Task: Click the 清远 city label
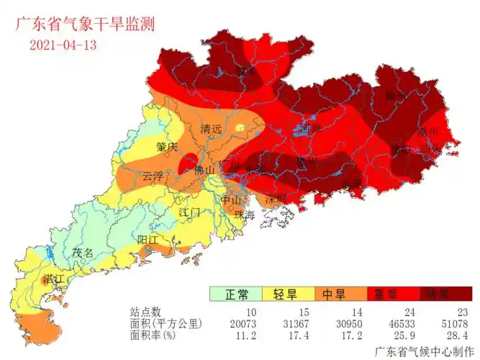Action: coord(211,130)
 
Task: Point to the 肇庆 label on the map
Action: coord(166,147)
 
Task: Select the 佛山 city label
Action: coord(205,170)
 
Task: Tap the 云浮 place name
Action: coord(153,176)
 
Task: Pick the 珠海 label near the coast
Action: coord(245,215)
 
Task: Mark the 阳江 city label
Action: coord(148,239)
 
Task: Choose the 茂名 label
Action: coord(83,253)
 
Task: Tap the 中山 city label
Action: coord(230,199)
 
